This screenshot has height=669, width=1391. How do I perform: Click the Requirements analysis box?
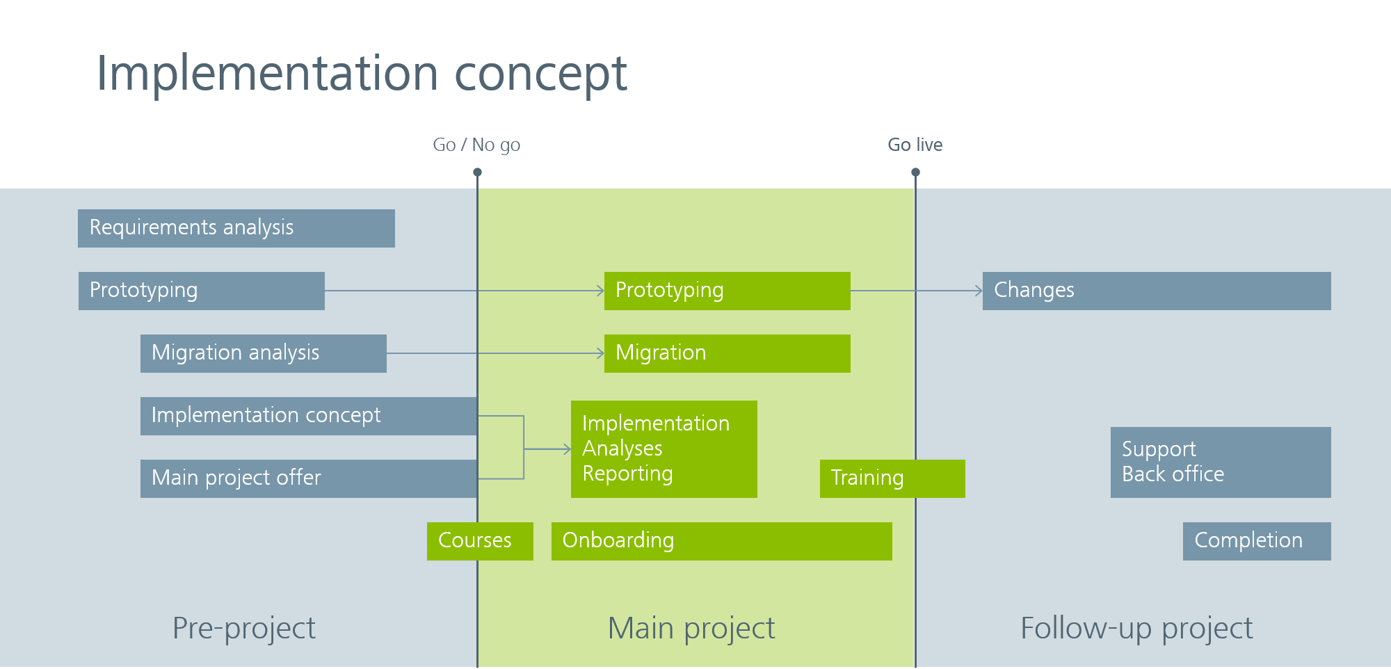[x=236, y=228]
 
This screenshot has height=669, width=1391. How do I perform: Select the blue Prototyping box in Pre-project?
[x=201, y=291]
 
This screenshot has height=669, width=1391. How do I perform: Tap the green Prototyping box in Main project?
[x=727, y=291]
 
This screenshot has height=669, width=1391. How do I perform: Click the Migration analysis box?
[x=263, y=353]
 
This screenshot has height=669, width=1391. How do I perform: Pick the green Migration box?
[x=727, y=353]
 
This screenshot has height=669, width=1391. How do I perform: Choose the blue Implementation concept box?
[x=308, y=416]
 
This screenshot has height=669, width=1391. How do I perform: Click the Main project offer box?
[x=308, y=478]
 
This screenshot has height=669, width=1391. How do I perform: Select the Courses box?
[x=480, y=541]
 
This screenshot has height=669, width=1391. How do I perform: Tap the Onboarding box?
[x=721, y=541]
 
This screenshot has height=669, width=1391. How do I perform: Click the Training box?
[x=892, y=478]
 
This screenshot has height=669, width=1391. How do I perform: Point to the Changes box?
[x=1156, y=291]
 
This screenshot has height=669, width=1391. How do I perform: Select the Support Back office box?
[x=1220, y=462]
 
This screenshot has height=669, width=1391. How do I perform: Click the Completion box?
[x=1256, y=541]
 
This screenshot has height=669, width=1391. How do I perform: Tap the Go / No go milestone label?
[x=476, y=145]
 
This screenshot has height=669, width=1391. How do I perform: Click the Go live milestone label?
[x=915, y=145]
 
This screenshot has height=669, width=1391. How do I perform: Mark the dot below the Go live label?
[x=915, y=172]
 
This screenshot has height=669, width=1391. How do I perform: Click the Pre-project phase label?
[x=243, y=628]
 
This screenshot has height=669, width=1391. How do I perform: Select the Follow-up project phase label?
[x=1136, y=628]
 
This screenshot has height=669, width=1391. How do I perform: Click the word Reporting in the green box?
[x=627, y=474]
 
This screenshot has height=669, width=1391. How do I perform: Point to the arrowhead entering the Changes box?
[x=979, y=291]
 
